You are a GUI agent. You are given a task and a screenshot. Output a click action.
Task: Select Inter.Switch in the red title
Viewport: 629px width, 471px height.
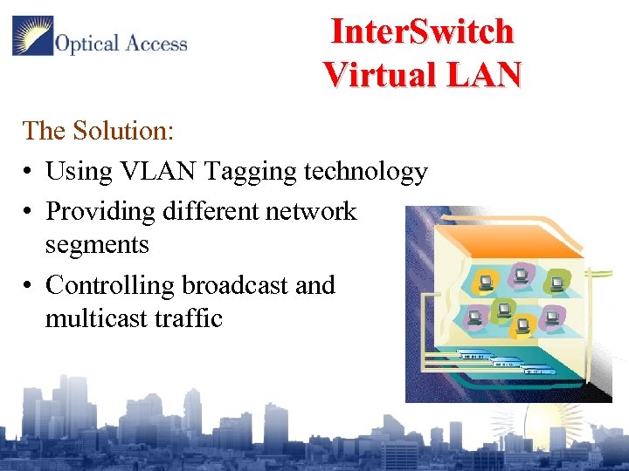point(422,31)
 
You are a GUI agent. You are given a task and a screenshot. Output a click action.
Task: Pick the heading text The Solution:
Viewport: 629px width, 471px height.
point(99,131)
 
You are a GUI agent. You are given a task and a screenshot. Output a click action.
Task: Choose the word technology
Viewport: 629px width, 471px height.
point(365,173)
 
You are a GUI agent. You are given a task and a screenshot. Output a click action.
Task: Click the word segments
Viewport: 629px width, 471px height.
point(97,245)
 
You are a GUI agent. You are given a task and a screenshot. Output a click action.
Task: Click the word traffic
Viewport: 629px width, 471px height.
point(190,318)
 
